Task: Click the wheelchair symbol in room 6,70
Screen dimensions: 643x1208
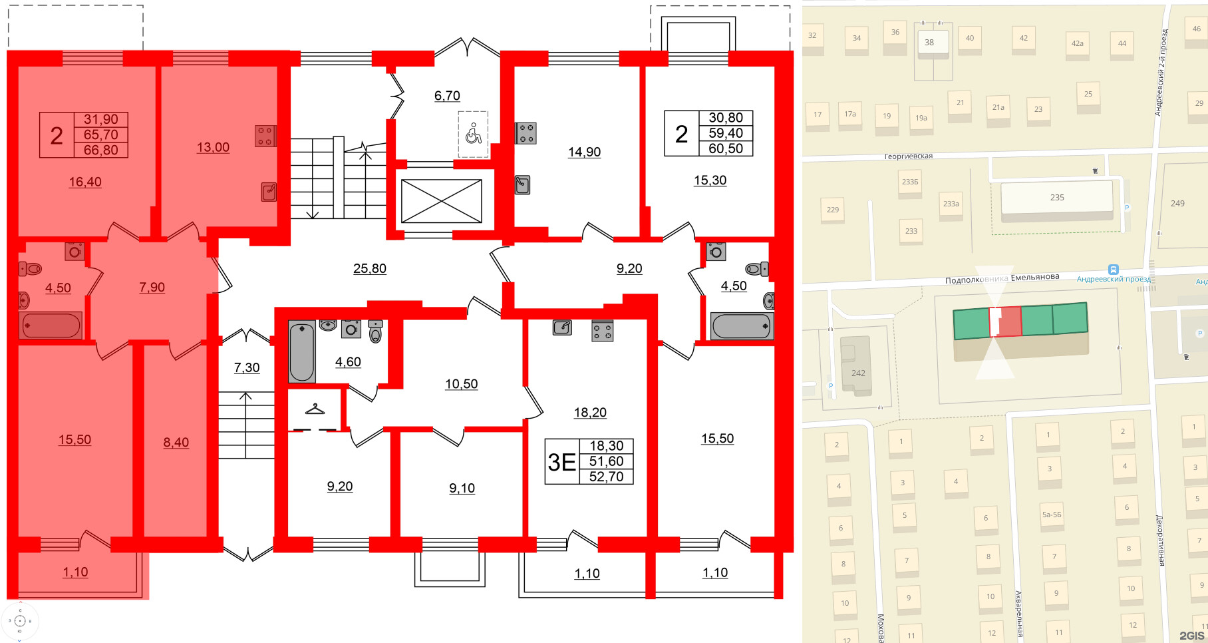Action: click(x=473, y=134)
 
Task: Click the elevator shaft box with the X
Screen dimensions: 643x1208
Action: click(x=441, y=201)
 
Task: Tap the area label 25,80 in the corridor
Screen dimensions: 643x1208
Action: click(x=370, y=268)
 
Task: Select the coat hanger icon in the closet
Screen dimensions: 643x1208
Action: click(x=315, y=409)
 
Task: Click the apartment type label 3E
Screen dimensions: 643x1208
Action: click(x=561, y=461)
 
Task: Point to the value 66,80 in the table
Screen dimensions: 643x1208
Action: click(x=100, y=150)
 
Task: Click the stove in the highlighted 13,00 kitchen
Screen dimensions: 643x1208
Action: click(x=265, y=136)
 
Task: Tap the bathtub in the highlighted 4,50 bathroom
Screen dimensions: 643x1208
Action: click(x=51, y=325)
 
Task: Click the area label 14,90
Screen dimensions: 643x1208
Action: click(x=584, y=152)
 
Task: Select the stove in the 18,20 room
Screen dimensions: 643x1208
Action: click(x=602, y=331)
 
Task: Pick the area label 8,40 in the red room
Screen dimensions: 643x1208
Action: click(x=176, y=442)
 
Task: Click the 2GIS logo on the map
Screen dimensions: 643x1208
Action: click(x=1191, y=636)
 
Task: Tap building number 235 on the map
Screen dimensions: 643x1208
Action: click(x=1057, y=198)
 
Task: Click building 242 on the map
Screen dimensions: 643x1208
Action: click(x=858, y=373)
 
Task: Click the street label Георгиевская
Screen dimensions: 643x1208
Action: click(x=908, y=156)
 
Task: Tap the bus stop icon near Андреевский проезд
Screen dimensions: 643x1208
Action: click(x=1113, y=269)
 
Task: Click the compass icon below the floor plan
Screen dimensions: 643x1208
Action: click(x=20, y=621)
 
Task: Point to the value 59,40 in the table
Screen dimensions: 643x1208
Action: click(x=726, y=133)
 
